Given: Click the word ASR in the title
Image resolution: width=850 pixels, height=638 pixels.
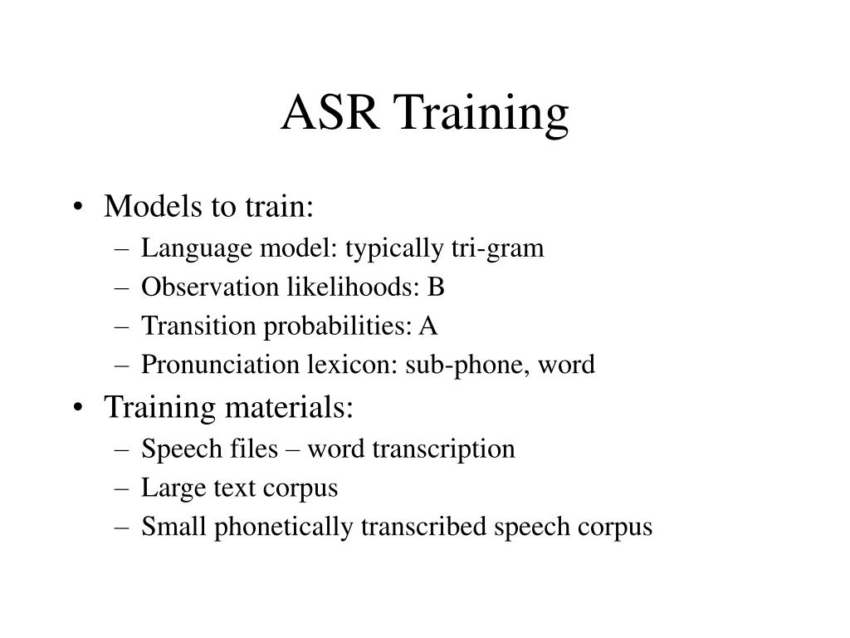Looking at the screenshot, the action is pos(330,112).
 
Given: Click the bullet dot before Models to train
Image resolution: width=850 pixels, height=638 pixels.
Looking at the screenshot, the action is pos(78,207).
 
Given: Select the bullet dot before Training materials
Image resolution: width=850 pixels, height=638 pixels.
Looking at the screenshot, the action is pos(78,407).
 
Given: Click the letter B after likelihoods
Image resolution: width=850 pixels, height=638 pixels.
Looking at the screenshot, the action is pos(436,287).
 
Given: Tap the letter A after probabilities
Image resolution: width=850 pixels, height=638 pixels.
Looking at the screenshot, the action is pos(427,326).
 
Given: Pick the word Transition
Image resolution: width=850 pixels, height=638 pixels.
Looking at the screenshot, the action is pos(198,326).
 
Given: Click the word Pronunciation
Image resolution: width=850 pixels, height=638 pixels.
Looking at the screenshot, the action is pos(220,364).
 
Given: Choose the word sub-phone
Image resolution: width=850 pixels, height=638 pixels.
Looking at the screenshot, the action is pos(467,366).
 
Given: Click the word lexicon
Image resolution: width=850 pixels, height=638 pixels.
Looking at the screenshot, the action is pos(353,364).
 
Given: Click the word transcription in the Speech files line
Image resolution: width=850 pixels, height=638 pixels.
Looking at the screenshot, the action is pos(443,449).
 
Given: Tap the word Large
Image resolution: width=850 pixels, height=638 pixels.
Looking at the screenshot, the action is pos(173,488).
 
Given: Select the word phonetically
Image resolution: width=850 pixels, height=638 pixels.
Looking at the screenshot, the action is pos(283,528).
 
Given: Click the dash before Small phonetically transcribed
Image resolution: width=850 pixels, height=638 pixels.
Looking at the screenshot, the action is pos(123,528).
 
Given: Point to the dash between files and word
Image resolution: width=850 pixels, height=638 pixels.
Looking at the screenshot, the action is pos(293,450).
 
